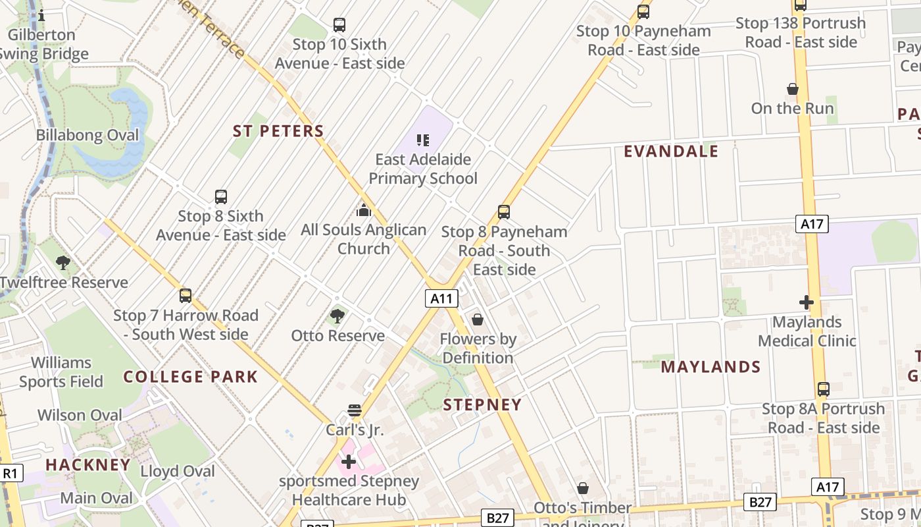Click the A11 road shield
[x=441, y=298]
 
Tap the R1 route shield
[x=11, y=473]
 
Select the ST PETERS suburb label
[x=278, y=131]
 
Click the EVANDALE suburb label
[x=671, y=152]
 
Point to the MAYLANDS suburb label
[x=710, y=367]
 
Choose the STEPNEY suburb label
[x=482, y=404]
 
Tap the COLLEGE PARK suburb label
[x=191, y=377]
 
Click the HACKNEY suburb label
[x=88, y=464]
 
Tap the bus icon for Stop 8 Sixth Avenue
[x=221, y=197]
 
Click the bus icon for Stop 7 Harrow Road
[x=186, y=296]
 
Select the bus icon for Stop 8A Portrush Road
[x=824, y=389]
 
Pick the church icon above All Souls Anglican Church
[x=364, y=211]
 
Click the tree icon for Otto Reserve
[x=337, y=316]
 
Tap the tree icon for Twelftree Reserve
[x=63, y=263]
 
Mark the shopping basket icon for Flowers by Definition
[x=478, y=320]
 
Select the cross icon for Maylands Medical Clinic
[x=807, y=303]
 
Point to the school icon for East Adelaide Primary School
[x=423, y=140]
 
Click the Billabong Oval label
[x=87, y=136]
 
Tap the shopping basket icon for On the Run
[x=793, y=89]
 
